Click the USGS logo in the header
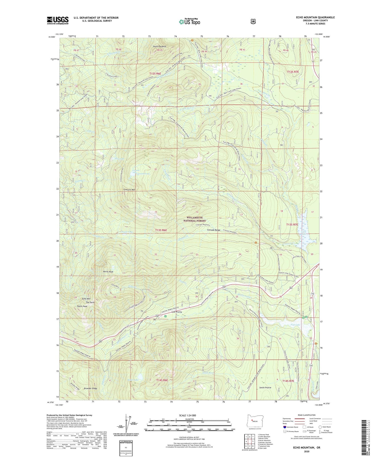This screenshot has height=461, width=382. (x=58, y=20)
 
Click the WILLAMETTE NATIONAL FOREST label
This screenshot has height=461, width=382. (x=196, y=219)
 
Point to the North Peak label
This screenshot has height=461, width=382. (x=108, y=271)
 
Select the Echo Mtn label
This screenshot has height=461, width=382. (x=86, y=299)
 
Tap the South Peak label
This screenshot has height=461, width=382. (x=82, y=306)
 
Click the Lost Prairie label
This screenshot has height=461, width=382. (x=177, y=312)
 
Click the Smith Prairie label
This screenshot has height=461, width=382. (x=265, y=388)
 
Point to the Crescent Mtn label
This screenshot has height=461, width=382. (x=129, y=190)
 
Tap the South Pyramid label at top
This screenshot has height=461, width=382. (x=159, y=46)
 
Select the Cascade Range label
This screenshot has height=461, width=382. (x=214, y=230)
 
